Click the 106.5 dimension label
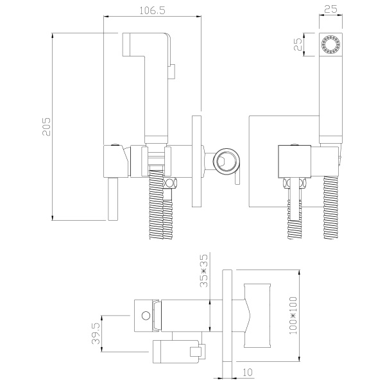(x=152, y=10)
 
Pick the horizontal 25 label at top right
(x=330, y=10)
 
